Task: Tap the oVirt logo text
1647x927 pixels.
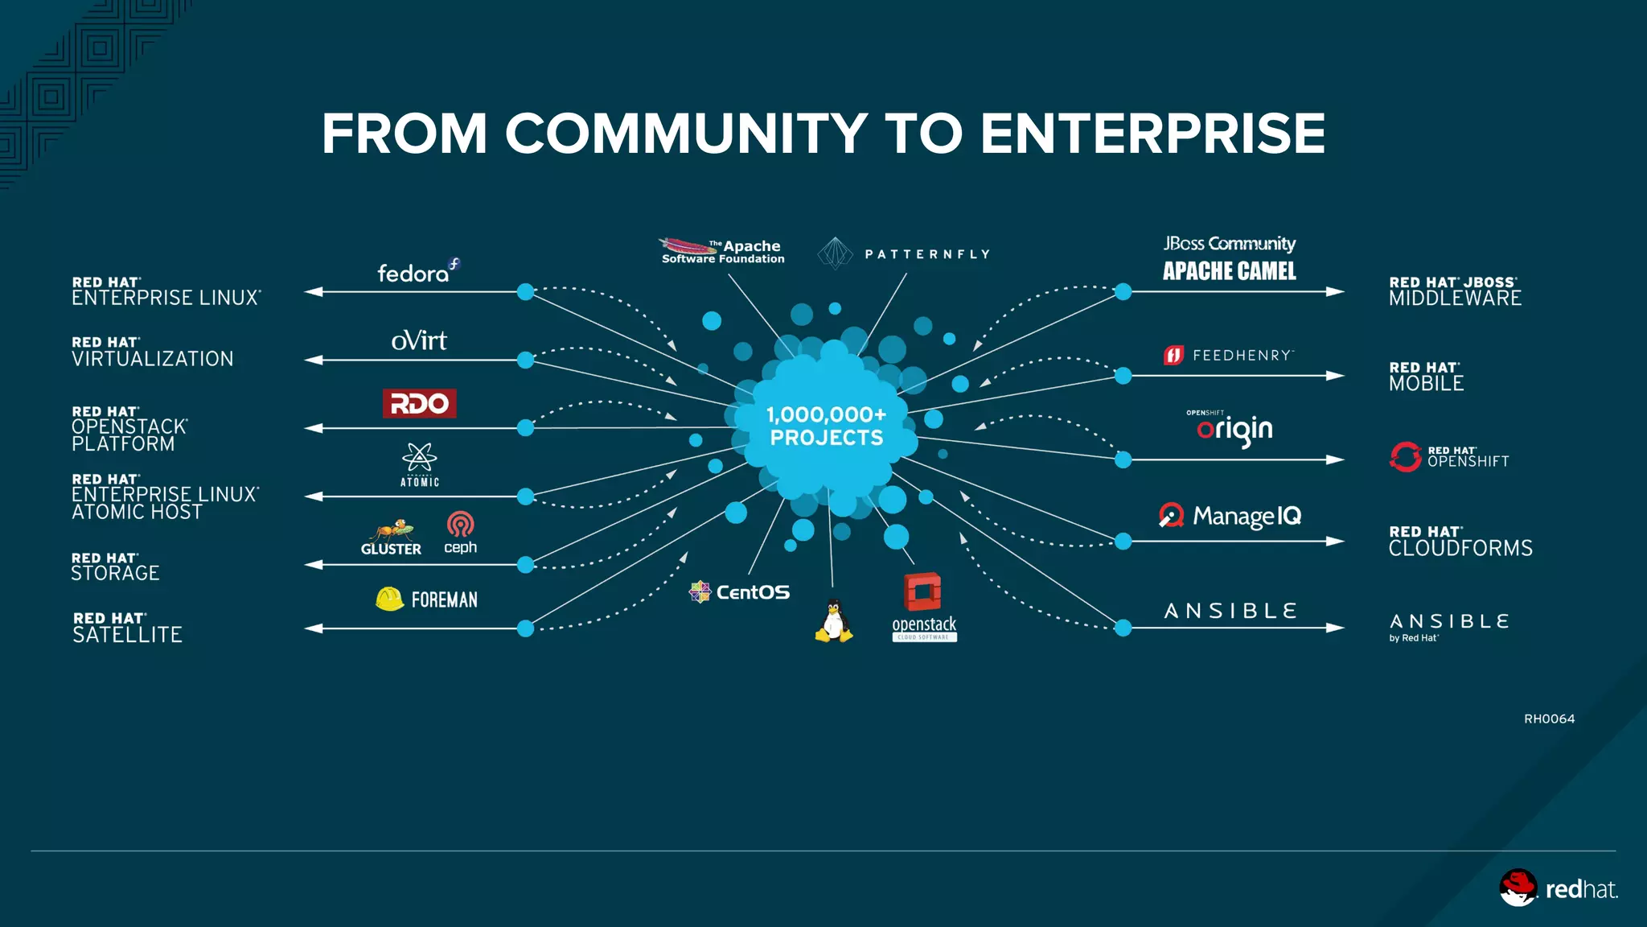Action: (419, 340)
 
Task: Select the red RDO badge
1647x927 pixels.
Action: (419, 403)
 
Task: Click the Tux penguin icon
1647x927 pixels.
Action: (834, 621)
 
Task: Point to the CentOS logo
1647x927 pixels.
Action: (740, 592)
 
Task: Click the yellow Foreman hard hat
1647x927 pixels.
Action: (390, 599)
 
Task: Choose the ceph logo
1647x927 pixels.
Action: (460, 533)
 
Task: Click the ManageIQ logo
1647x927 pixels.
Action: (1230, 516)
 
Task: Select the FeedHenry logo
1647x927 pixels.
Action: (1229, 355)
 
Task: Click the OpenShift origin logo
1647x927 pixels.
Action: (1234, 429)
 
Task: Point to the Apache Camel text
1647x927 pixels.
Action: (1229, 271)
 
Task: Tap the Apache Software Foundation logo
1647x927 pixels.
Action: (721, 251)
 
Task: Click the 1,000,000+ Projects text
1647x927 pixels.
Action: (826, 426)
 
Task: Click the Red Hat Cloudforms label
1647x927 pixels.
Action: (1460, 542)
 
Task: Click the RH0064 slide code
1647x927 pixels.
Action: (1549, 719)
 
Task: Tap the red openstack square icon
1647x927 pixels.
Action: (922, 592)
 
